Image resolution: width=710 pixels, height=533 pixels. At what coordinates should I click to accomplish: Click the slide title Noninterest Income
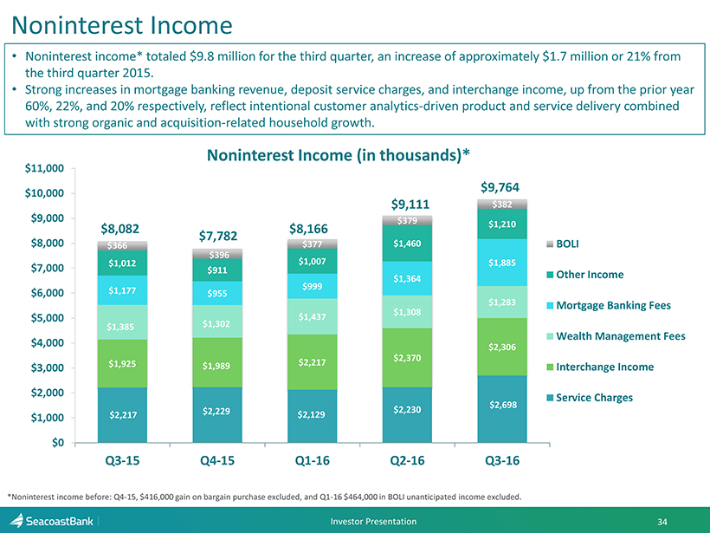pyautogui.click(x=124, y=24)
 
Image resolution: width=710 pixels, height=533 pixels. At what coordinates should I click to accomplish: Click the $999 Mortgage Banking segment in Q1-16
pyautogui.click(x=313, y=286)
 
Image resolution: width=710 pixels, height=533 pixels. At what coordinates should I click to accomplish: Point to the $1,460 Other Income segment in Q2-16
pyautogui.click(x=407, y=244)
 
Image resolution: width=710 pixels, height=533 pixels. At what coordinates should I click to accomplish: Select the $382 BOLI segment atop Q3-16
pyautogui.click(x=502, y=205)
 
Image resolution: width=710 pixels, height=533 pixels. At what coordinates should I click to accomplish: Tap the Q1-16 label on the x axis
pyautogui.click(x=313, y=460)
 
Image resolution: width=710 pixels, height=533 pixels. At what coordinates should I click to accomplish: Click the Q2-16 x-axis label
pyautogui.click(x=407, y=460)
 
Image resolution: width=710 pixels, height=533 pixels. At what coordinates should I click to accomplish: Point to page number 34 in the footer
pyautogui.click(x=662, y=521)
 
